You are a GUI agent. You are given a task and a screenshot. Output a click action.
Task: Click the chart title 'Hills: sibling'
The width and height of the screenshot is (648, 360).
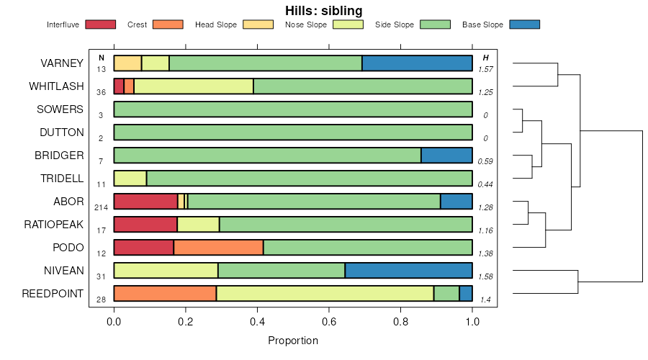tap(323, 11)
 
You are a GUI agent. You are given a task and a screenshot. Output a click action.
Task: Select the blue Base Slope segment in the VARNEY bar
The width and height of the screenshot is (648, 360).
tap(417, 63)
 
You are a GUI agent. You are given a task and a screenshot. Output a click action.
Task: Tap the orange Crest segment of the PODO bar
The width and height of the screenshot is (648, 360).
tap(218, 248)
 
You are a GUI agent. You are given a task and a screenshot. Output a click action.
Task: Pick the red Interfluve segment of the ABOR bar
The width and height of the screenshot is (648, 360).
tap(145, 202)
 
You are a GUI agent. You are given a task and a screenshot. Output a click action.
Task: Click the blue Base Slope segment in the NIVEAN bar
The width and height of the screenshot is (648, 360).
tap(408, 271)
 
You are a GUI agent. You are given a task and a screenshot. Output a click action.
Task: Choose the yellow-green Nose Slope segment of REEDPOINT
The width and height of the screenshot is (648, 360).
tap(325, 294)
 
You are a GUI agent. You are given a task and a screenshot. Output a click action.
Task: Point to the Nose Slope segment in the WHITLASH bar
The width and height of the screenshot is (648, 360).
tap(194, 86)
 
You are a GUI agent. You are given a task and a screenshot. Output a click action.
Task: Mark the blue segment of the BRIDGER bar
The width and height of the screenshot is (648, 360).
tap(446, 156)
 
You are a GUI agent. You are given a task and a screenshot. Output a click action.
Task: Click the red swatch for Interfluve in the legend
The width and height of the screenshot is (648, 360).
tap(100, 24)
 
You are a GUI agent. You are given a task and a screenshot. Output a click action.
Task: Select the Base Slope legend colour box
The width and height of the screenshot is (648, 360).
tap(524, 24)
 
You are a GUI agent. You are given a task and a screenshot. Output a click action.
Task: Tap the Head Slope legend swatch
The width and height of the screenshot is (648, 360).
tap(258, 24)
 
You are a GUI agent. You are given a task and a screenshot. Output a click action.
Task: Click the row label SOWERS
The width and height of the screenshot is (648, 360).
tap(60, 109)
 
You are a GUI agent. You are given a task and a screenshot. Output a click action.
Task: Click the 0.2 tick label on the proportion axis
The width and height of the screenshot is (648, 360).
tap(186, 322)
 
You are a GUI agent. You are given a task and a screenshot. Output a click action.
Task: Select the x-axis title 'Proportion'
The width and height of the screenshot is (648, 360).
tap(292, 340)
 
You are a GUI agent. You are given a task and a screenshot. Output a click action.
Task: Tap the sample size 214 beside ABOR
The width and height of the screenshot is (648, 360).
tap(101, 207)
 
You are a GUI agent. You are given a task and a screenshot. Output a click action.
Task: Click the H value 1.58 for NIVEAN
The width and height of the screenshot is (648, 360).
tap(486, 276)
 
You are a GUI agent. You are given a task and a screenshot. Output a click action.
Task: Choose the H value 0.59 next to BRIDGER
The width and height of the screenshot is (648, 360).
tap(486, 161)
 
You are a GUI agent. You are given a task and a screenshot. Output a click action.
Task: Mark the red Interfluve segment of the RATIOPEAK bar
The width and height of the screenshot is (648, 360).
tap(145, 225)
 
